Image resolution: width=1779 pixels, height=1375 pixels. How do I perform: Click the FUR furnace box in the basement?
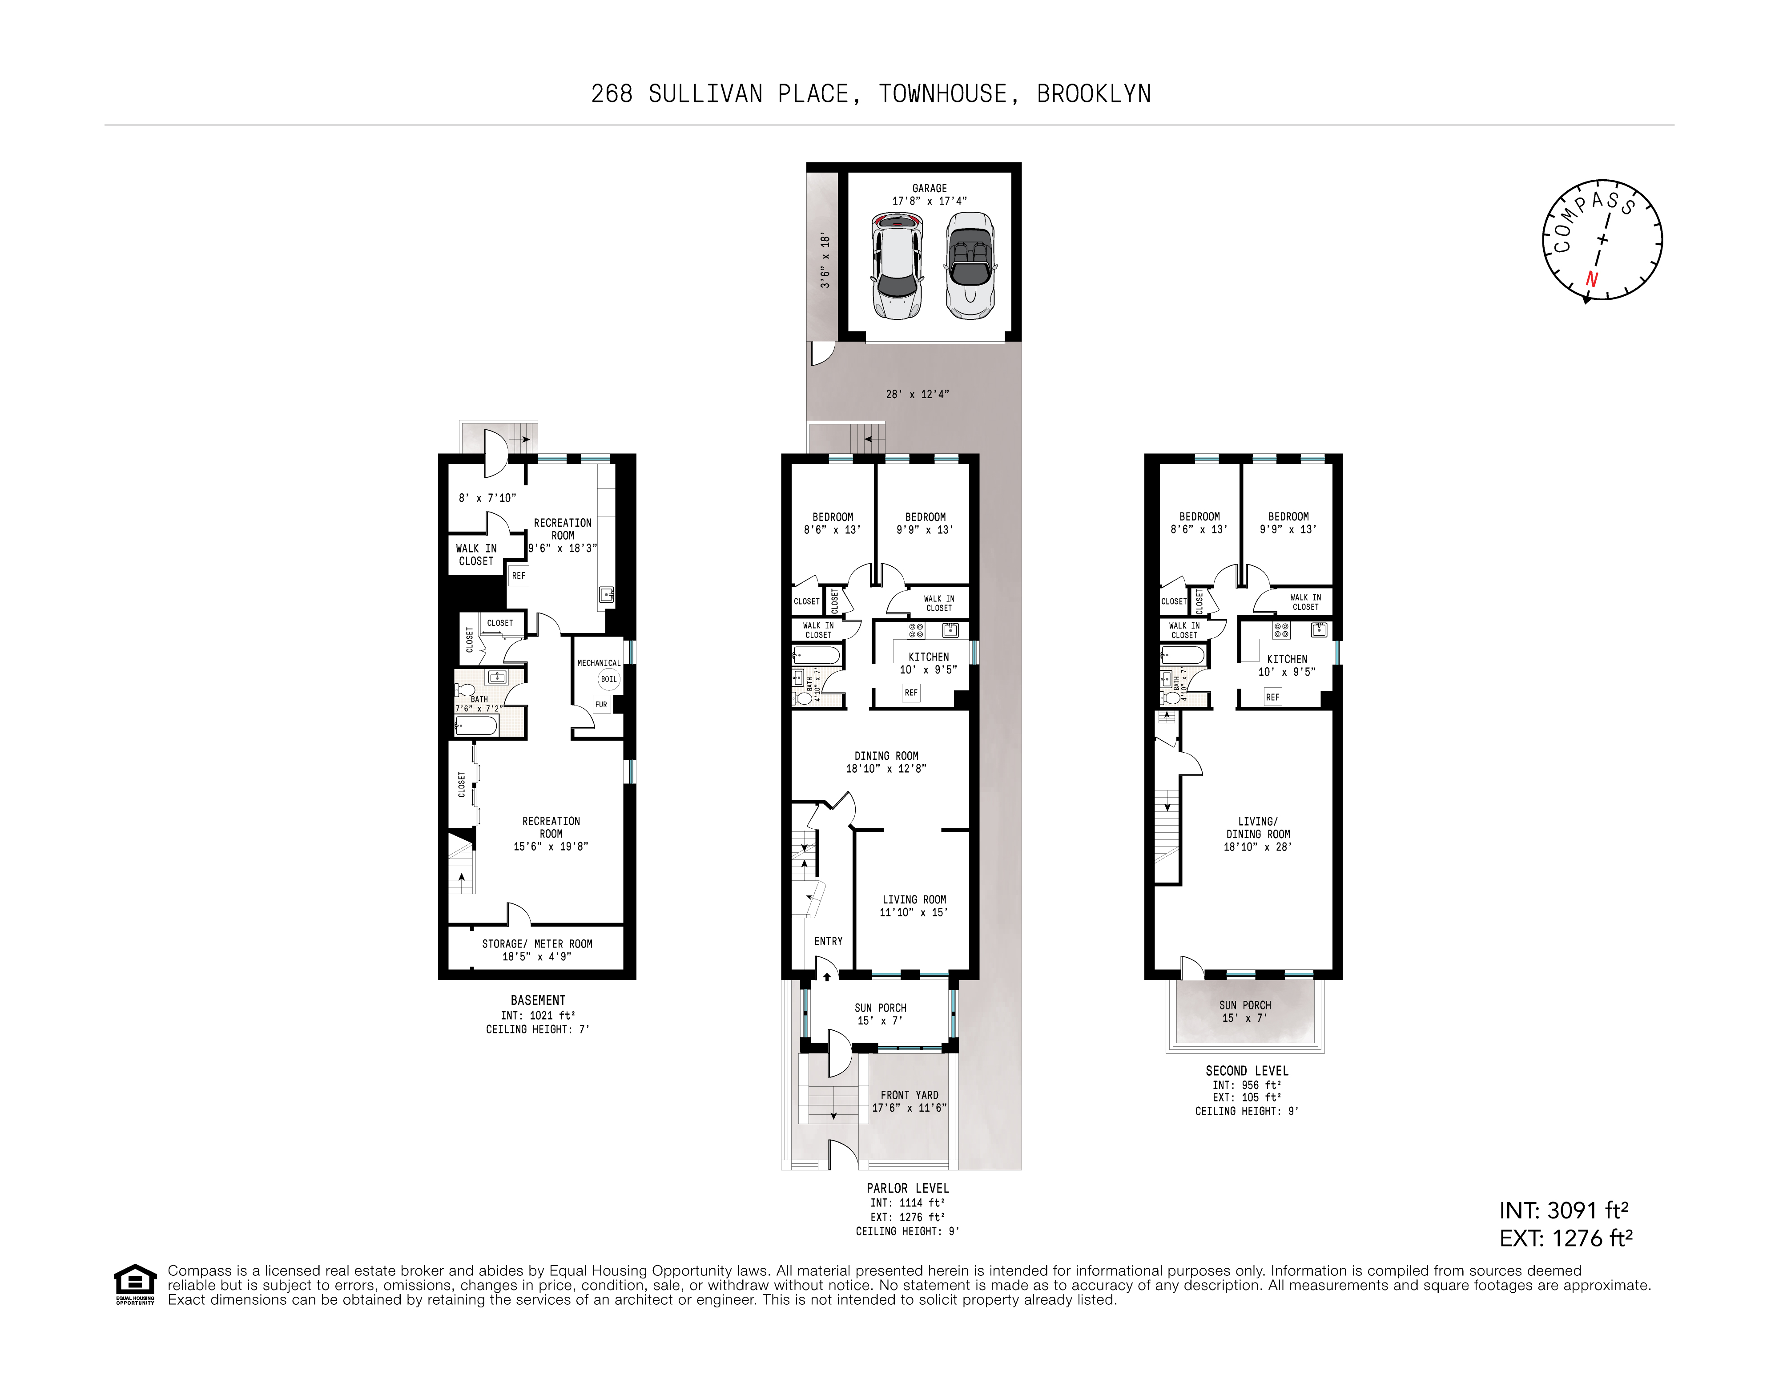pyautogui.click(x=601, y=705)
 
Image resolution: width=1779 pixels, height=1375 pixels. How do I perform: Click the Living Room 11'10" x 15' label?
pyautogui.click(x=914, y=906)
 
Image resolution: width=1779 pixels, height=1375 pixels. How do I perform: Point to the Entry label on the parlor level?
pyautogui.click(x=829, y=941)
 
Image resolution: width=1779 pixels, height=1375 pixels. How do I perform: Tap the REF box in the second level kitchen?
pyautogui.click(x=1272, y=697)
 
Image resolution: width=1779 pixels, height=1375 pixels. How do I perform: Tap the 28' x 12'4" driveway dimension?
pyautogui.click(x=917, y=394)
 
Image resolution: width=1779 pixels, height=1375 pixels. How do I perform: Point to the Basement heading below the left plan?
pyautogui.click(x=538, y=1000)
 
